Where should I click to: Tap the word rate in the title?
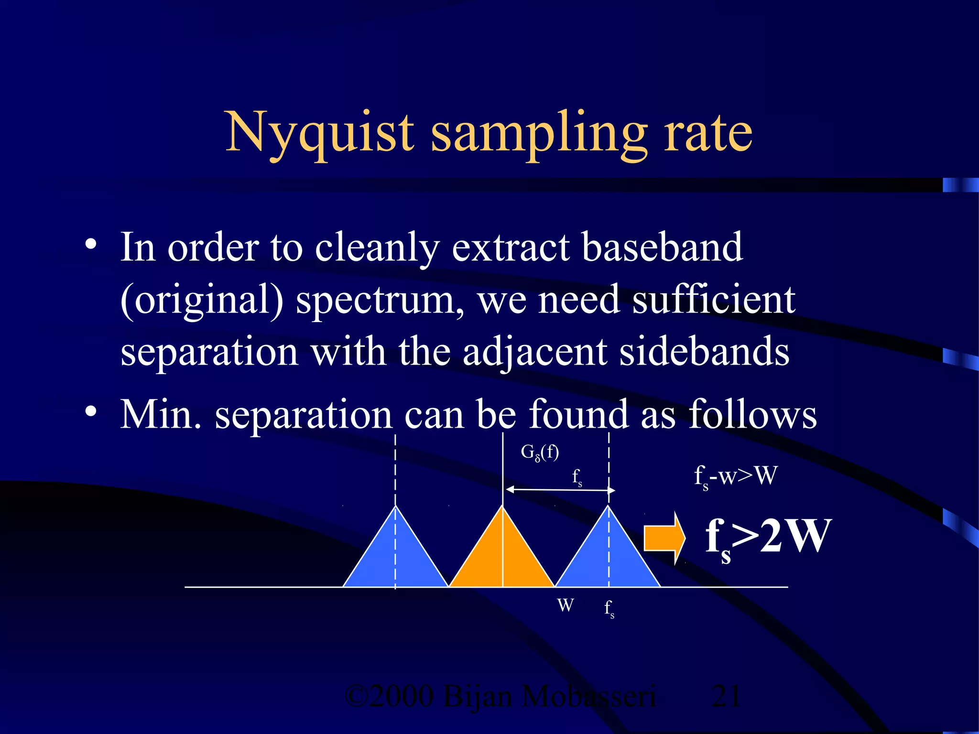coord(708,133)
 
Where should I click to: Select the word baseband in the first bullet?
coord(662,248)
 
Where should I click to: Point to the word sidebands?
coord(704,352)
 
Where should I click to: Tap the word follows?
coord(752,415)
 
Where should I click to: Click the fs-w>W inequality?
coord(735,477)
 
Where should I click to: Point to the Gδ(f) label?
coord(540,452)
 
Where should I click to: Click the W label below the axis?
coord(566,605)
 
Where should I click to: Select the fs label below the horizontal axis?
coord(609,609)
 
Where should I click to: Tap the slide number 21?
coord(726,696)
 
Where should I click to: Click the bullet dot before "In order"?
coord(91,245)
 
